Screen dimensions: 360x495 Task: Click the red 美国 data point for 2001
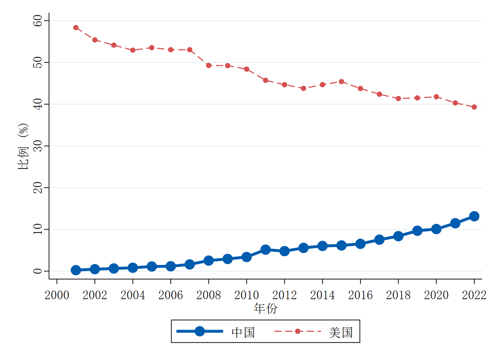[76, 28]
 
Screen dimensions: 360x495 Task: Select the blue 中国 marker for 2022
[474, 216]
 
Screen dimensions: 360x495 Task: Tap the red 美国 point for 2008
[209, 66]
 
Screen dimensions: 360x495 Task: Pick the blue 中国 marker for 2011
[265, 250]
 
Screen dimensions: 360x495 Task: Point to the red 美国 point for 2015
[341, 82]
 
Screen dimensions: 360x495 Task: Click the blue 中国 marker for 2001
[76, 270]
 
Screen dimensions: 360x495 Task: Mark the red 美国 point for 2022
[474, 107]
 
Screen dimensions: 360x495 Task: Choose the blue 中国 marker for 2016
[360, 244]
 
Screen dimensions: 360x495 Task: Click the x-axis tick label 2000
[57, 295]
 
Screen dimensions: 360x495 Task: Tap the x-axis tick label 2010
[246, 295]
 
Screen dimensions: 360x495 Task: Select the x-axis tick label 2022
[474, 295]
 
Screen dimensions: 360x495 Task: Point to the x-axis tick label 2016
[360, 295]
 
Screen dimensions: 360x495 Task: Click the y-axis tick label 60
[38, 21]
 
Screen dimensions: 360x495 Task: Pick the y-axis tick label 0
[38, 271]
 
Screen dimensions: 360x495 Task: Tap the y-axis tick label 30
[38, 146]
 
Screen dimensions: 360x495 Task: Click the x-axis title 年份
[265, 309]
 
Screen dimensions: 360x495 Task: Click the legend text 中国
[243, 332]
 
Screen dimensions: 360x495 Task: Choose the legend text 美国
[341, 332]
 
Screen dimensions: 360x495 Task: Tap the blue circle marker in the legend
[200, 331]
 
